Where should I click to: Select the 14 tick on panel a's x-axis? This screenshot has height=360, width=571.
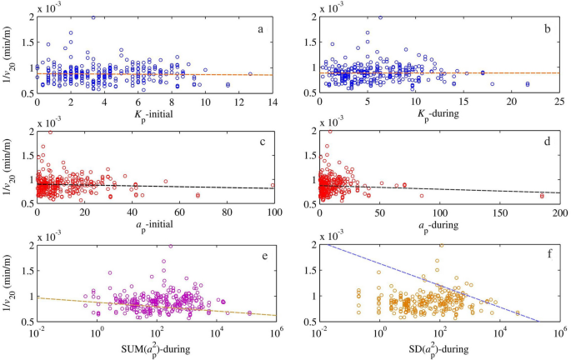click(x=274, y=102)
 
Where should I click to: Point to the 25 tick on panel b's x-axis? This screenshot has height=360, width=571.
click(x=558, y=102)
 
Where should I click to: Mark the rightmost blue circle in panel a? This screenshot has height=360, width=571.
click(x=250, y=73)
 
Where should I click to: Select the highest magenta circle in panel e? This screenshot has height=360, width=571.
click(x=171, y=246)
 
